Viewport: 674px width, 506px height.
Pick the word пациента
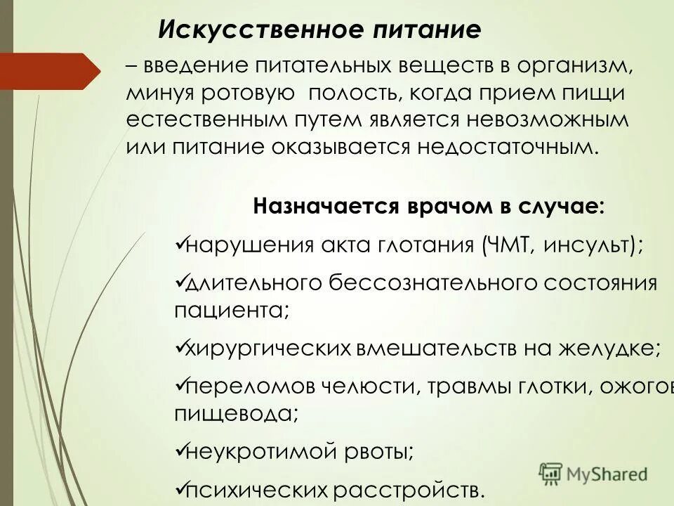(228, 310)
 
